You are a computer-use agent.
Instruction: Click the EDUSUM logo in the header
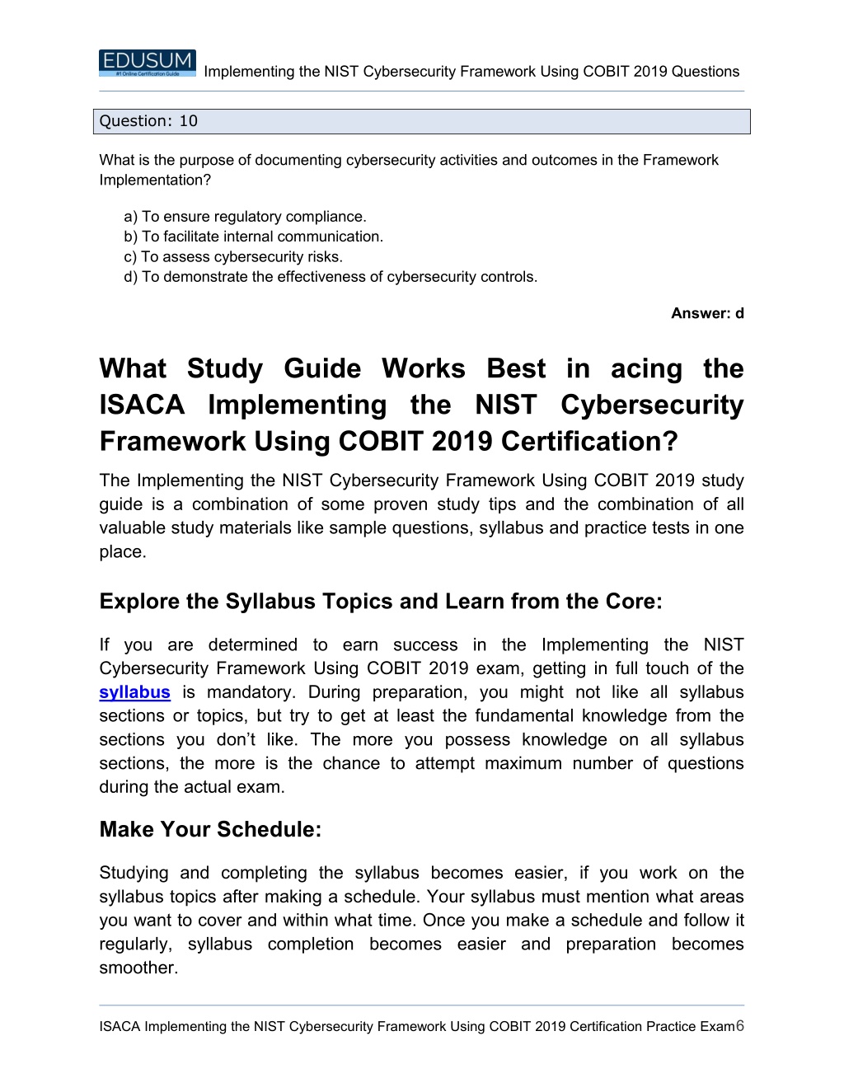pos(148,63)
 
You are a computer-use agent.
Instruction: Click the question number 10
pos(189,121)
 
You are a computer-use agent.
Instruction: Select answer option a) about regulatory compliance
pos(245,217)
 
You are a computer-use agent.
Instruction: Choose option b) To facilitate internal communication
pos(253,237)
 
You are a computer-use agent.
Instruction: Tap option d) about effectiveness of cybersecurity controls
pos(331,277)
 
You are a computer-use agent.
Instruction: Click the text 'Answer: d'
pos(707,313)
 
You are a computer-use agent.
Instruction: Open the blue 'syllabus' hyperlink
pos(134,692)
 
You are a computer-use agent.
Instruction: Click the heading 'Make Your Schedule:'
pos(210,829)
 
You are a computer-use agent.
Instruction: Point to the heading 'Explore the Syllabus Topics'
pos(380,602)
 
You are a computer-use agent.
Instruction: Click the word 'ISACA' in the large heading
pos(142,405)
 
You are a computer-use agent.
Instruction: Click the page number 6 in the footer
pos(740,1025)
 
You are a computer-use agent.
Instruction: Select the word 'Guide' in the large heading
pos(322,368)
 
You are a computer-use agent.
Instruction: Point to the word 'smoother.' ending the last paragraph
pos(138,968)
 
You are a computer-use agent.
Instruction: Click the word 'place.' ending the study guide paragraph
pos(123,552)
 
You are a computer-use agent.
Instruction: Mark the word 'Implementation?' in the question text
pos(155,180)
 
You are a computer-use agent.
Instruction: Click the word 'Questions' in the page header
pos(706,72)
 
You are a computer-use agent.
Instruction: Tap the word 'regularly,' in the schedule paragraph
pos(135,944)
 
